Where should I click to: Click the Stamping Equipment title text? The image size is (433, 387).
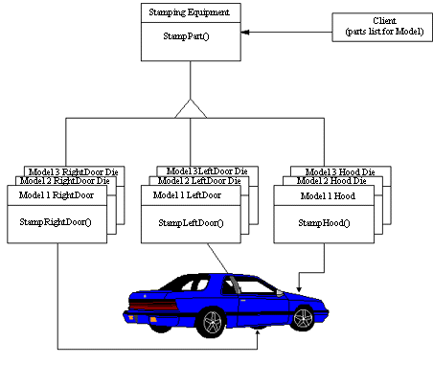[189, 12]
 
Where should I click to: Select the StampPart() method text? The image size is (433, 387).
[186, 36]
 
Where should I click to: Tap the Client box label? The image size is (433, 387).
[384, 26]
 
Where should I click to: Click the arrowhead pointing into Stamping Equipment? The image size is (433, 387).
[245, 32]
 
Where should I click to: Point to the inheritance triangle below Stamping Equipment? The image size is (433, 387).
[191, 109]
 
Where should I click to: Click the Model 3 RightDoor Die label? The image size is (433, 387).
[74, 171]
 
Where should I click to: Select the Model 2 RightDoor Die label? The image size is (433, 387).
[65, 181]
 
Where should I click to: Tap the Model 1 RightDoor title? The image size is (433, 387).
[57, 195]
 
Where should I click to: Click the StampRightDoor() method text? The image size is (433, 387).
[56, 222]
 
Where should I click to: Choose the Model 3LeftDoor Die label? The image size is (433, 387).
[207, 171]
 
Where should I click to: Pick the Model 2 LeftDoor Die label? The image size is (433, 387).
[199, 181]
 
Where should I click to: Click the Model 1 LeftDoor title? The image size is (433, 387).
[187, 195]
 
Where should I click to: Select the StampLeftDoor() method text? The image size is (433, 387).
[191, 223]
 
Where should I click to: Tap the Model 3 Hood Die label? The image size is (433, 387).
[340, 172]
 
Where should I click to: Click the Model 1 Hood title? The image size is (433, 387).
[328, 195]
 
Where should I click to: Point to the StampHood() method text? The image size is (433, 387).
[324, 223]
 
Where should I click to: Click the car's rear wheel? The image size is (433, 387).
[213, 322]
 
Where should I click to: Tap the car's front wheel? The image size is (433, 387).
[304, 318]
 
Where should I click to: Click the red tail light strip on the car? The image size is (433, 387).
[153, 306]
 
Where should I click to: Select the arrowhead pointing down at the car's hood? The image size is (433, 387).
[299, 289]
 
